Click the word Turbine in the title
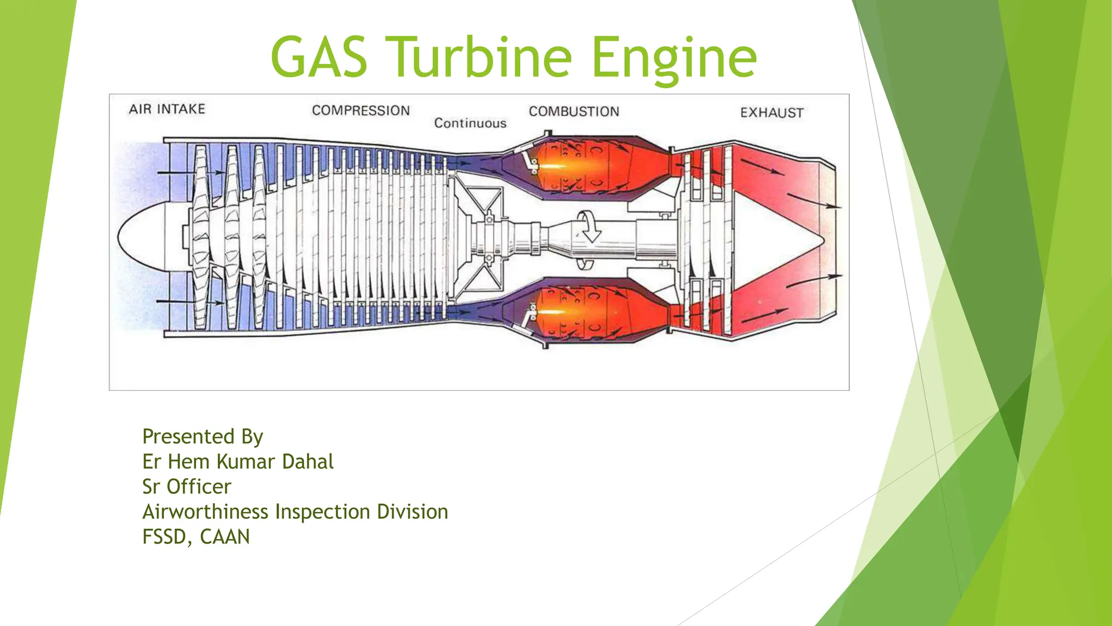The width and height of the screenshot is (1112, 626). coord(481,57)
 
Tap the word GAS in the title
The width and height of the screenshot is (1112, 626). coord(319,57)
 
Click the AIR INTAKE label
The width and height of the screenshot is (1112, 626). coord(167,109)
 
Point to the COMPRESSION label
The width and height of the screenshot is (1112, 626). coord(361,110)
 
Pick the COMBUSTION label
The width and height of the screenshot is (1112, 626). coord(574,111)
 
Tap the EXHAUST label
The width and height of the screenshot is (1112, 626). coord(772,113)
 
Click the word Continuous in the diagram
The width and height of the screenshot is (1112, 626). coord(470,123)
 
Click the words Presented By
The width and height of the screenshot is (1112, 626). coord(203,436)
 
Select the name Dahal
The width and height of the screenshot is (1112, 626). coord(308,462)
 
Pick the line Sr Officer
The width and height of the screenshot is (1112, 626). coord(186,487)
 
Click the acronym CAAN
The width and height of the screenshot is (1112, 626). coord(225,537)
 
